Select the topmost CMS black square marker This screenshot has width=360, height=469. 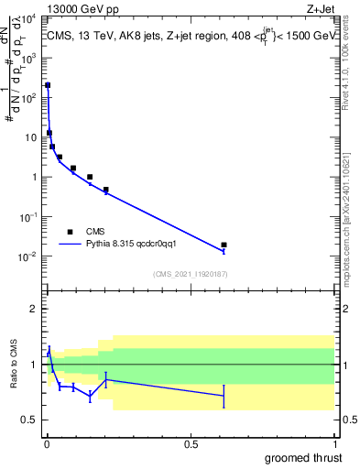click(x=48, y=85)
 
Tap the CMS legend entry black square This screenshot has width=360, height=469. click(x=69, y=232)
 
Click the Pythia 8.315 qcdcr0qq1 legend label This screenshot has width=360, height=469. click(x=137, y=245)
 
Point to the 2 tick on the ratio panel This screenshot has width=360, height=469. click(x=32, y=309)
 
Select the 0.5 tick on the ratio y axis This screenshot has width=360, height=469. click(x=27, y=420)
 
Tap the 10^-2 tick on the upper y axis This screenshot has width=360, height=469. click(x=27, y=256)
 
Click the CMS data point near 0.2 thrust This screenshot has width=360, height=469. click(x=106, y=190)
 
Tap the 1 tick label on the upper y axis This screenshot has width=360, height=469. click(x=32, y=177)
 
